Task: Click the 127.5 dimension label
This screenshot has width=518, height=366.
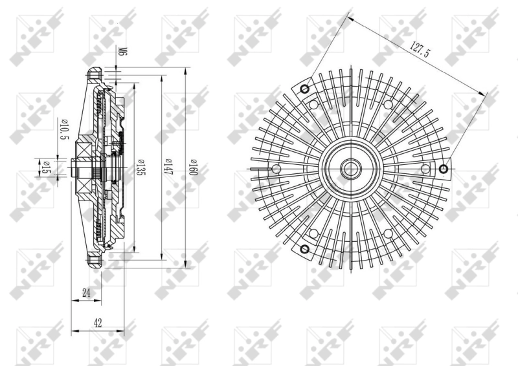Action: point(419,51)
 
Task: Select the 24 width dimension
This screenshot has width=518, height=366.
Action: point(85,292)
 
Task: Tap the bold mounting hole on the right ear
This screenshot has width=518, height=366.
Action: point(444,169)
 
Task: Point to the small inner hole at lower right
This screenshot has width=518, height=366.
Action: point(388,233)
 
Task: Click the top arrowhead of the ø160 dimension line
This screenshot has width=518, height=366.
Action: point(186,69)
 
